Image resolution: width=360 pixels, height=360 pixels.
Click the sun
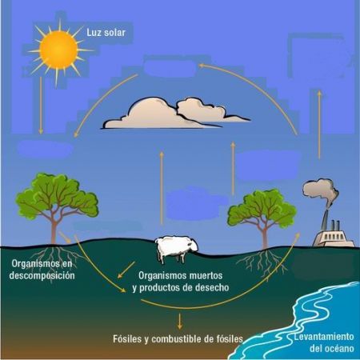(58, 50)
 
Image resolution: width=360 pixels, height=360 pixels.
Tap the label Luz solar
(106, 33)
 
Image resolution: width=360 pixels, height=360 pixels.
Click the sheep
(177, 249)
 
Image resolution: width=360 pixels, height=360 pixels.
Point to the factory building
(334, 235)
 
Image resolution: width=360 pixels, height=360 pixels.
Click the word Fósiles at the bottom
(127, 339)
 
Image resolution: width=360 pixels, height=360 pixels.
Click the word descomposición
(42, 275)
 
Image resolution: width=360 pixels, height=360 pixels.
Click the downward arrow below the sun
(41, 106)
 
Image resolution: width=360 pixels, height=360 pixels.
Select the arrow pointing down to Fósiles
(180, 321)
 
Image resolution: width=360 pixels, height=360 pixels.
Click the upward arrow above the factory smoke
(320, 125)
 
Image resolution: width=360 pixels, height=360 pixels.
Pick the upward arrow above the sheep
(162, 188)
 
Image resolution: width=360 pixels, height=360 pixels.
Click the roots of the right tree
(262, 262)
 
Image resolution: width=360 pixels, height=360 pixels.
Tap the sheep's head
(193, 245)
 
